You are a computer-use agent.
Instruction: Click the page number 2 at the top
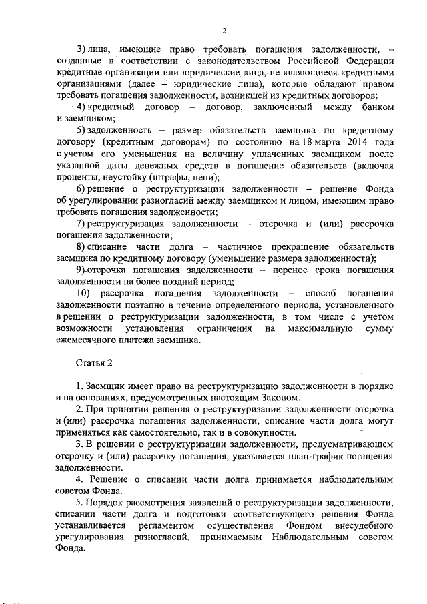225,30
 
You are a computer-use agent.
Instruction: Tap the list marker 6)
81,188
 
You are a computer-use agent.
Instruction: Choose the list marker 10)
83,293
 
